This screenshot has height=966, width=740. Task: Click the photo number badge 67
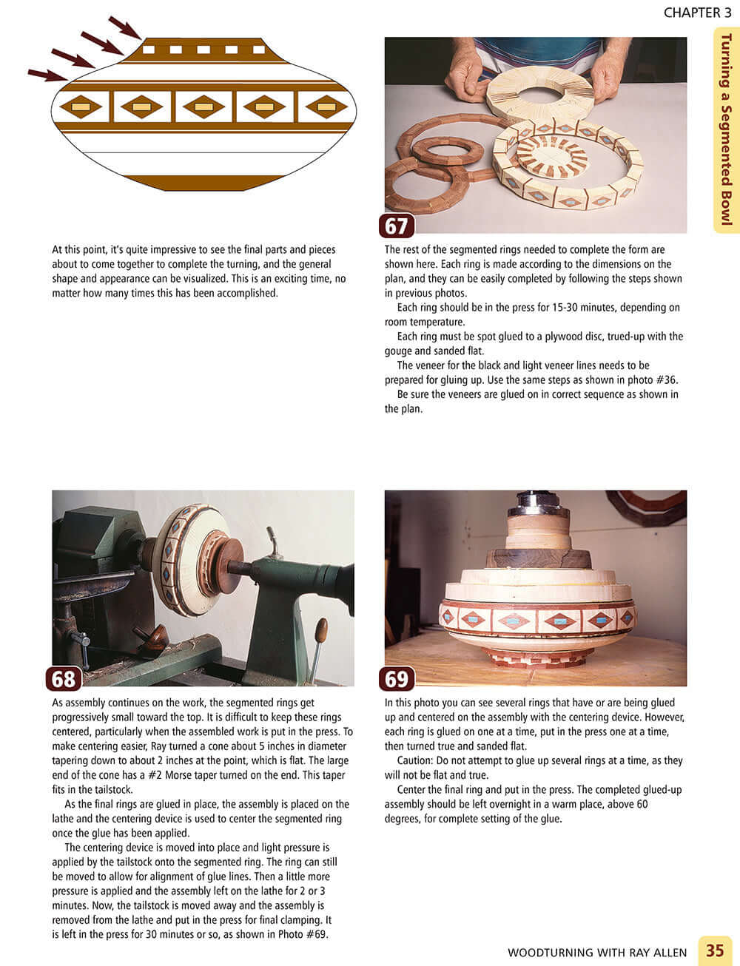coord(397,226)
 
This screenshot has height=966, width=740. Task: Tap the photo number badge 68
coord(64,678)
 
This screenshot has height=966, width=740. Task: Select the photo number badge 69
coord(397,678)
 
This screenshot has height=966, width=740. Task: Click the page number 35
coord(714,950)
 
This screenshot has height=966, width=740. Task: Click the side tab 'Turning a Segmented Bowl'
coord(726,129)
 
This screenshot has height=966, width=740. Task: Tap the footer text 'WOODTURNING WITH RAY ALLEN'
coord(597,952)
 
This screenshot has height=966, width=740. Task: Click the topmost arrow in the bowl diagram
coord(124,27)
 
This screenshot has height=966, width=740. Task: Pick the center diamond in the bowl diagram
coord(203,107)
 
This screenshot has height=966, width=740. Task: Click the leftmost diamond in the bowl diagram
coord(81,107)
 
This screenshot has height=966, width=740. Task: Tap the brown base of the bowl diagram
coord(203,183)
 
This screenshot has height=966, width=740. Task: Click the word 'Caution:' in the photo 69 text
coord(406,760)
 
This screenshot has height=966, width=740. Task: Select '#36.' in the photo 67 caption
coord(663,379)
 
